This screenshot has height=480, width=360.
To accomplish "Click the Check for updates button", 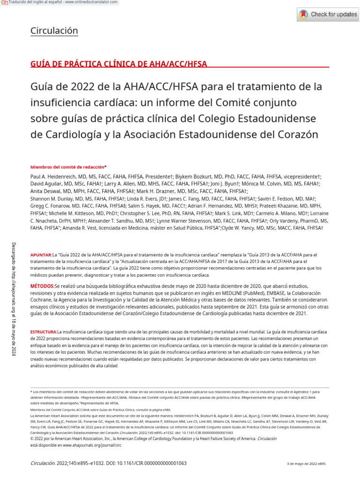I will (328, 15).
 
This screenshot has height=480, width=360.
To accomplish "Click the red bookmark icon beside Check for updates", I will (304, 15).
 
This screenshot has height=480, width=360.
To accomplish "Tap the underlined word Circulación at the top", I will (54, 31).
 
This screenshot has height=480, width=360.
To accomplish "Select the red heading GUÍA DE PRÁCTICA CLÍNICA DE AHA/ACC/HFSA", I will (119, 64).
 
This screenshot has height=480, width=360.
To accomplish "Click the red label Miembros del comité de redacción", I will (67, 167).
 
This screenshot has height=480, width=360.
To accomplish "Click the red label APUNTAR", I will (41, 255).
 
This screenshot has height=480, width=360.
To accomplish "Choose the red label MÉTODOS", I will (42, 285).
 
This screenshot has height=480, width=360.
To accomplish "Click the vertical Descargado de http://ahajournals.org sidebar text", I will (14, 299).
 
